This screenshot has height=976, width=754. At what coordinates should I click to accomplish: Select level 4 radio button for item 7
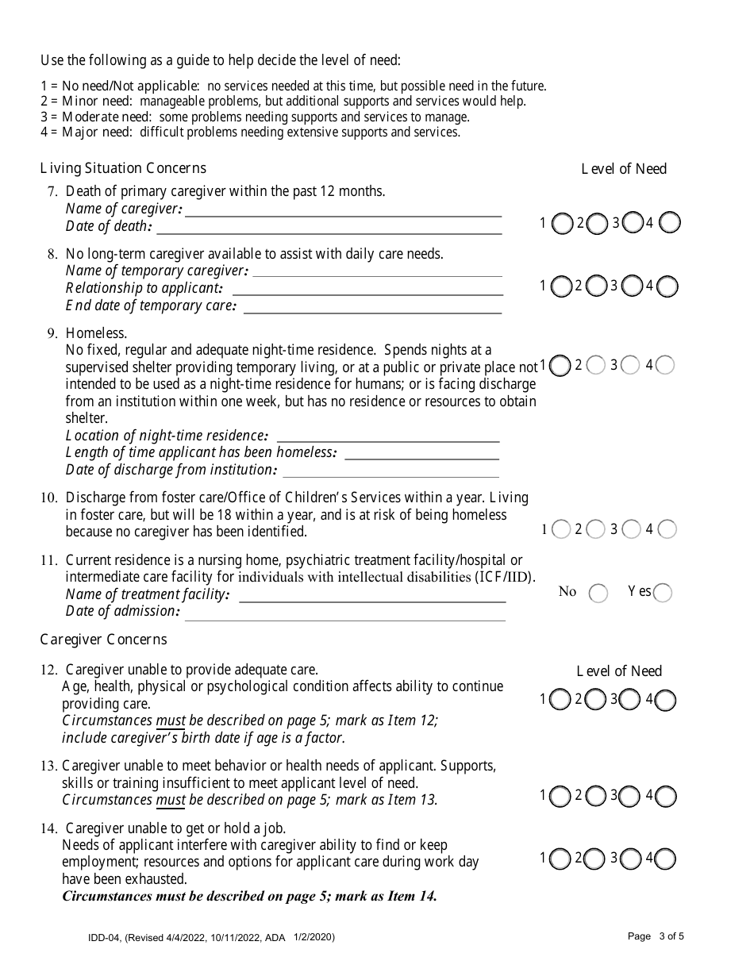[x=669, y=223]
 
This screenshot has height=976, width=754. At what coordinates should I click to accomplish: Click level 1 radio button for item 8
[x=560, y=286]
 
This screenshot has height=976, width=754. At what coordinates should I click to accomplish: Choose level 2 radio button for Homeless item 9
[x=596, y=365]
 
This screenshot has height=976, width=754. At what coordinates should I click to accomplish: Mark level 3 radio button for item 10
[x=632, y=529]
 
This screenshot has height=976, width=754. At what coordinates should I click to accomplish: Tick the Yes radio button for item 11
[x=662, y=593]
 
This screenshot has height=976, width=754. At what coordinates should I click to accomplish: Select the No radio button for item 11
[x=598, y=593]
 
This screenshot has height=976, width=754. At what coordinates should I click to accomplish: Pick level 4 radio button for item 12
[x=666, y=700]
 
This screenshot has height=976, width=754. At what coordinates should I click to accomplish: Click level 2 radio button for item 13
[x=594, y=796]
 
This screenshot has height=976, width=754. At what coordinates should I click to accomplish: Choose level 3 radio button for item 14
[x=630, y=859]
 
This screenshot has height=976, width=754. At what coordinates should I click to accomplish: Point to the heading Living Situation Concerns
[x=123, y=168]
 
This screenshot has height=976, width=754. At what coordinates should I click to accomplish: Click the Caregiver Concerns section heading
[x=103, y=640]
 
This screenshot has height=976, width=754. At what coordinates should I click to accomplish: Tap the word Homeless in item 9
[x=96, y=333]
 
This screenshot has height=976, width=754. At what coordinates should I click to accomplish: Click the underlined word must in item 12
[x=171, y=721]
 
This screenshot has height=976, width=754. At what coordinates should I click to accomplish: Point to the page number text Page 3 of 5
[x=655, y=936]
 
